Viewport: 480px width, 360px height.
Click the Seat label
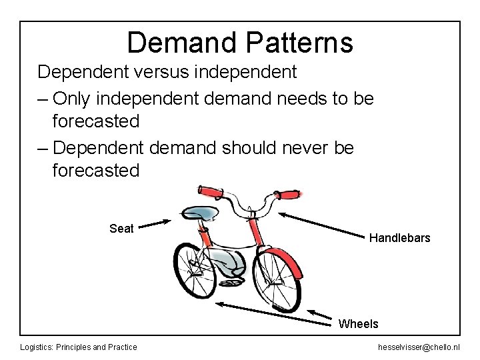[121, 229]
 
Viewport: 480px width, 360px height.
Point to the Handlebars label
[399, 238]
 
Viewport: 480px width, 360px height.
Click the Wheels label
[358, 324]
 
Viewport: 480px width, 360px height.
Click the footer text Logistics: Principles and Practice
[79, 347]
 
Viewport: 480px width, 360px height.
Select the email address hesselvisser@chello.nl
[418, 347]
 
